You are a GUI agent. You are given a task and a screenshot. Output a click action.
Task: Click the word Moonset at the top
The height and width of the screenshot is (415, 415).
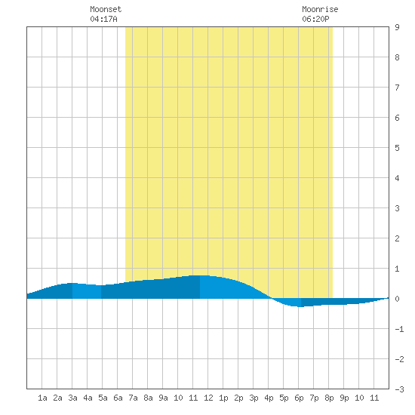pyautogui.click(x=106, y=9)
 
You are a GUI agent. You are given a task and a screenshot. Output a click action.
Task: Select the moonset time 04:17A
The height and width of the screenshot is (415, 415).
pyautogui.click(x=103, y=19)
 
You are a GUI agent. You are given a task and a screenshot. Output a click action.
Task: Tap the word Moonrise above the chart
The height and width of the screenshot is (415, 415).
pyautogui.click(x=320, y=9)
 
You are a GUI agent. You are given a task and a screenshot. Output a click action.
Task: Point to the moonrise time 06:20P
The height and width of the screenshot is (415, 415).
pyautogui.click(x=315, y=19)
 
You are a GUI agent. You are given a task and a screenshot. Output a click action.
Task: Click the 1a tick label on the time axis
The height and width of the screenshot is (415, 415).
pyautogui.click(x=42, y=398)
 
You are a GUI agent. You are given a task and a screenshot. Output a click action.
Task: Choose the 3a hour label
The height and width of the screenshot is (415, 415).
pyautogui.click(x=72, y=398)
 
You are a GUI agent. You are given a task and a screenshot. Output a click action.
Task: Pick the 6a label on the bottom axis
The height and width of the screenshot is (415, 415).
pyautogui.click(x=118, y=398)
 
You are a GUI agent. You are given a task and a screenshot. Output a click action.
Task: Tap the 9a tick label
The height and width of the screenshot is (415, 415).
pyautogui.click(x=163, y=398)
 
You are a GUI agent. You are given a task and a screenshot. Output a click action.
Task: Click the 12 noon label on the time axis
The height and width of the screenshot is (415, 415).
pyautogui.click(x=208, y=398)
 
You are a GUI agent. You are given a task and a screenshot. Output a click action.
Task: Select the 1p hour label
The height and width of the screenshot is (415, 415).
pyautogui.click(x=223, y=398)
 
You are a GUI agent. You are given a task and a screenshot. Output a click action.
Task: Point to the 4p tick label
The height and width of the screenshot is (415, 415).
pyautogui.click(x=269, y=398)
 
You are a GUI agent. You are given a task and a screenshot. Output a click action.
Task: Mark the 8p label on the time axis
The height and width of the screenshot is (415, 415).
pyautogui.click(x=329, y=398)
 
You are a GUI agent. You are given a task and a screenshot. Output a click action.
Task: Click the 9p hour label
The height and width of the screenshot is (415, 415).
pyautogui.click(x=344, y=398)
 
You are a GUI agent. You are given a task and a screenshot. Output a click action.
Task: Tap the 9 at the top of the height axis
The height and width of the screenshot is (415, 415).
pyautogui.click(x=397, y=27)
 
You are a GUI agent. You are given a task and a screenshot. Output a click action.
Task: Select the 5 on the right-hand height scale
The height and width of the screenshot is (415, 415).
pyautogui.click(x=397, y=148)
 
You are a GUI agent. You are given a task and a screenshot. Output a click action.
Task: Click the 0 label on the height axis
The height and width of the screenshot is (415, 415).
pyautogui.click(x=397, y=299)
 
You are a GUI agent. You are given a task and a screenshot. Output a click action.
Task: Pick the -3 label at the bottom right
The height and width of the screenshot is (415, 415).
pyautogui.click(x=399, y=389)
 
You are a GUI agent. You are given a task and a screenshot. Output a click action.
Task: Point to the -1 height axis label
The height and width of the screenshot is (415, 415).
pyautogui.click(x=399, y=329)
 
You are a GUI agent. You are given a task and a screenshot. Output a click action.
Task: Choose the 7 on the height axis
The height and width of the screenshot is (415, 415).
pyautogui.click(x=397, y=88)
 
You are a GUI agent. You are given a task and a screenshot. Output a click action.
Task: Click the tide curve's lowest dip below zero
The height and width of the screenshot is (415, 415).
pyautogui.click(x=299, y=306)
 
